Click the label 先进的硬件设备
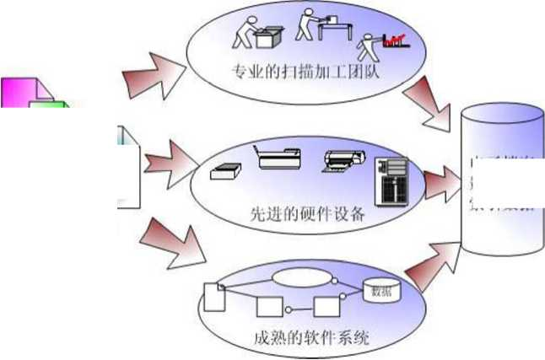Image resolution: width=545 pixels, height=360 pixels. pyautogui.click(x=307, y=212)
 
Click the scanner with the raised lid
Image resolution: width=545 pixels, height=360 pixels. pyautogui.click(x=278, y=156)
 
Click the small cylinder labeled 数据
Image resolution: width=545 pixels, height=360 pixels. pyautogui.click(x=380, y=291)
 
